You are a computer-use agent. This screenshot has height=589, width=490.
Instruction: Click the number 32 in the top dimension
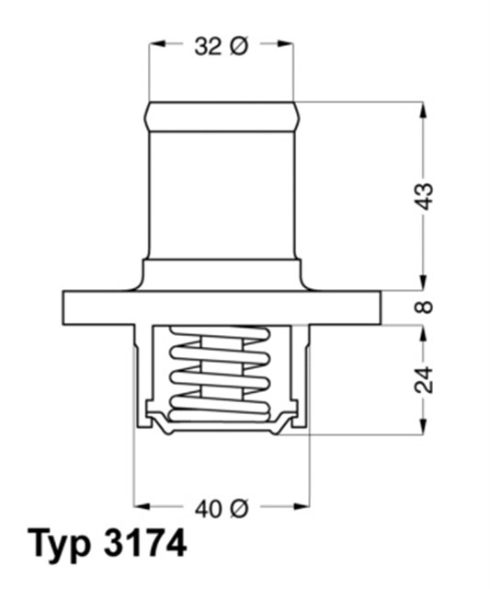(x=208, y=45)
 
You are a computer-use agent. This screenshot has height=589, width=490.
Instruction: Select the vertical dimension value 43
(x=424, y=195)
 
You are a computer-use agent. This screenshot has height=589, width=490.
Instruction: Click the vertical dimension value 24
(x=424, y=378)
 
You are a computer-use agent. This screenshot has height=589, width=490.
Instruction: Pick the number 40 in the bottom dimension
(x=208, y=506)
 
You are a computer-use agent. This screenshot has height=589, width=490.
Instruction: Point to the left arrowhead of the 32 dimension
(x=155, y=45)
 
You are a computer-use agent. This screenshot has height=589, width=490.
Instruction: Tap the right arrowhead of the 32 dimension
(x=287, y=45)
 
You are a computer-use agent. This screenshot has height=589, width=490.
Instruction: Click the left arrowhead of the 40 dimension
(x=142, y=506)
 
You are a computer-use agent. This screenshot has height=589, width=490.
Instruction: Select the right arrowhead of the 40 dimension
(x=301, y=506)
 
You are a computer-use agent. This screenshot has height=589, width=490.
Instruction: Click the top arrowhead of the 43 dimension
(x=424, y=109)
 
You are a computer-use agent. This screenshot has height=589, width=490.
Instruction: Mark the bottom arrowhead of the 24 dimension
(x=424, y=426)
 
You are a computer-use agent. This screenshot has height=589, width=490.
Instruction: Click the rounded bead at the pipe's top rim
(x=221, y=114)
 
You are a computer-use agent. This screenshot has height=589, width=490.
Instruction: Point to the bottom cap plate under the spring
(x=221, y=426)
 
